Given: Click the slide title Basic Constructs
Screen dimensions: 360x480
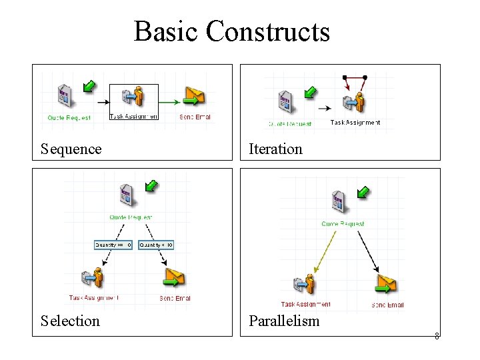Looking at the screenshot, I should (231, 31).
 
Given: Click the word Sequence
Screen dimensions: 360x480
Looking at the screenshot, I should (71, 149).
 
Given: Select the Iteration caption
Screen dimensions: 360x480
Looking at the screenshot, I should (275, 149).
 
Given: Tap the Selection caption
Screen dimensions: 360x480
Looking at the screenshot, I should (70, 321).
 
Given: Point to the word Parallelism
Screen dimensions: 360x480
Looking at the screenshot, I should (284, 321).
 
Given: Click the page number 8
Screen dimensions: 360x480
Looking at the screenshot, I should (437, 336).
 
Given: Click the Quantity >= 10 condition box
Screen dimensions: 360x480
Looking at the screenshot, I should (113, 245).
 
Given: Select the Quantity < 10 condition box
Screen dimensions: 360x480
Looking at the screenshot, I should (156, 245).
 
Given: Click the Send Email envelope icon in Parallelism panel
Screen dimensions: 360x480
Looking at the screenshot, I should (387, 285).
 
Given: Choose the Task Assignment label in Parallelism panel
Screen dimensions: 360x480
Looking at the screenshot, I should (305, 305).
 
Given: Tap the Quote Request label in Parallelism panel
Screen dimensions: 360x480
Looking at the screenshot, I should (343, 224).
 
